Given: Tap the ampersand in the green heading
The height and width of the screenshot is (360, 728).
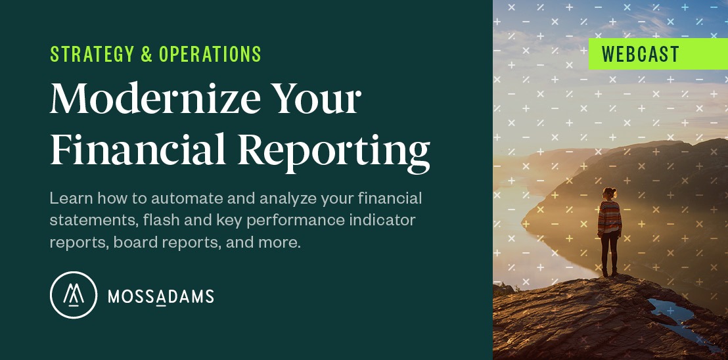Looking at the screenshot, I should pos(146,55).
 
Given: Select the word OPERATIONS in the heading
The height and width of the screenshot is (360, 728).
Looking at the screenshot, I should pos(210,55).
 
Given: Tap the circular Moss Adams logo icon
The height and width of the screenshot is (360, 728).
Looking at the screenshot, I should pos(73,296).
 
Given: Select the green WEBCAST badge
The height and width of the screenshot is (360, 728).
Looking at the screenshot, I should pos(657,54).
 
